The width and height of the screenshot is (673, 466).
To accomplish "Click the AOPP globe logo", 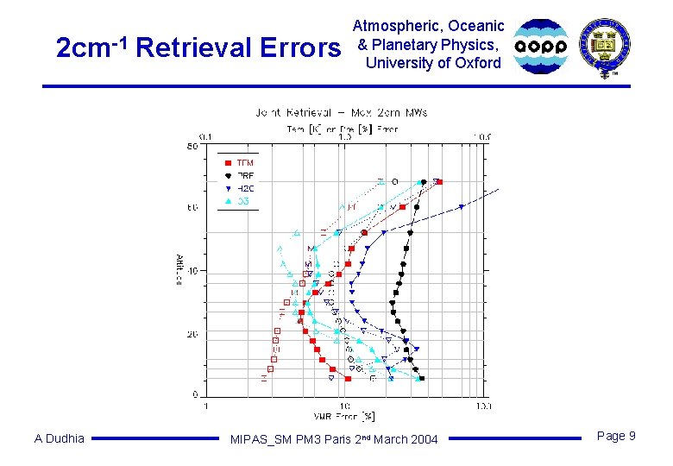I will coord(541,46).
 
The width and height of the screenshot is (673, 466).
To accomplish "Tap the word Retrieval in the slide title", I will coord(192,48).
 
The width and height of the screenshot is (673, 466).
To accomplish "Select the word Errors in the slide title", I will coord(298,48).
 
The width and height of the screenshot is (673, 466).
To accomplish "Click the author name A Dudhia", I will coord(60,438).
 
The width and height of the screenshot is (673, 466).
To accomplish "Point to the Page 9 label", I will coord(616,437).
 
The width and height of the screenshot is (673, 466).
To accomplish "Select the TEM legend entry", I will coord(244,162).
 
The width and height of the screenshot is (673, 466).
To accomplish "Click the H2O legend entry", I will coord(244,187).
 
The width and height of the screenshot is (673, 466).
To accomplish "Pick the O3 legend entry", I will coord(242,200).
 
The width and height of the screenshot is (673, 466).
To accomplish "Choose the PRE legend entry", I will coord(244,175).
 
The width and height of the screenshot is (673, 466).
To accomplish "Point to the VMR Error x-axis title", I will coord(343,416).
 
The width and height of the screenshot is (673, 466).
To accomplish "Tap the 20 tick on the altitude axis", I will coord(194,334).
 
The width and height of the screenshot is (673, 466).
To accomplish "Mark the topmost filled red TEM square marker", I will coord(439,182).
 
